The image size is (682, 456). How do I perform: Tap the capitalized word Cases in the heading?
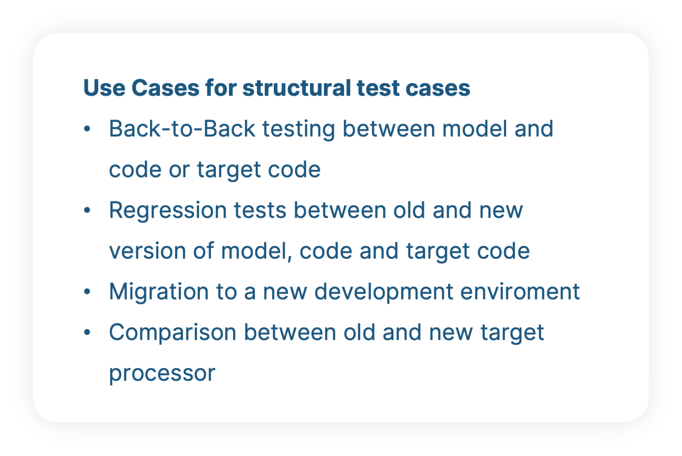[x=165, y=88]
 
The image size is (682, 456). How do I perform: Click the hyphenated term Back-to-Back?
[x=182, y=129]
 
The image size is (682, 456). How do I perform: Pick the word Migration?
[x=159, y=292]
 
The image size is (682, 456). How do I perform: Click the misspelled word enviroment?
[x=520, y=292]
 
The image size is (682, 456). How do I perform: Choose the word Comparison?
[x=172, y=333]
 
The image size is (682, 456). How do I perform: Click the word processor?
[x=162, y=373]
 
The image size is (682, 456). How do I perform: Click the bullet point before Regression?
[x=87, y=210]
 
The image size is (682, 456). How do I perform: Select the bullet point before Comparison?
[x=87, y=333]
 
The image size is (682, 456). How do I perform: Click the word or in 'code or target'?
[x=178, y=170]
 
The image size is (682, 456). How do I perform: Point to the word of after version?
[x=203, y=251]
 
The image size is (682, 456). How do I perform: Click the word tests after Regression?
[x=260, y=210]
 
